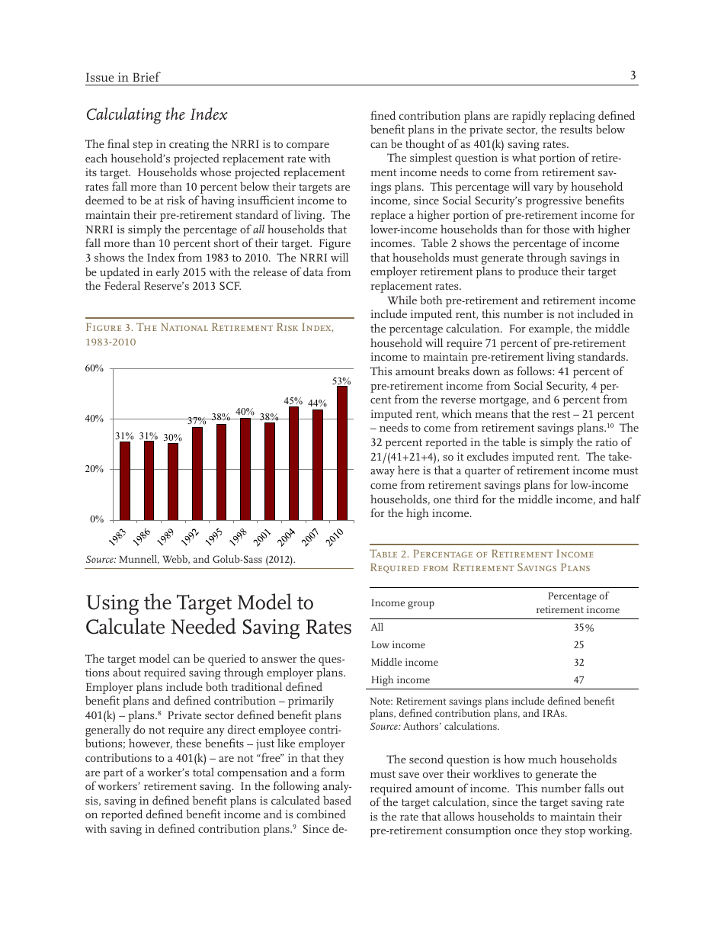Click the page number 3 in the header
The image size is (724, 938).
633,75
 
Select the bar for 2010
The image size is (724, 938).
341,453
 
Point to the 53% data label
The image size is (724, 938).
341,381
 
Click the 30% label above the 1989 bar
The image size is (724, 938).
173,438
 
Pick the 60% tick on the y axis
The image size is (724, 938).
95,368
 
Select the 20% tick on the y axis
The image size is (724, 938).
95,469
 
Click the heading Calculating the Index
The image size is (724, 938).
156,115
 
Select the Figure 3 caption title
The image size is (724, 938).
210,335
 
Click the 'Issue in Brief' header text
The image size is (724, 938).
123,78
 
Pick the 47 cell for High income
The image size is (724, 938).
578,680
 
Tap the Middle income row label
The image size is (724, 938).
405,663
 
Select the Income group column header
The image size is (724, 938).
402,603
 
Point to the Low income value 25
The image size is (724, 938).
578,645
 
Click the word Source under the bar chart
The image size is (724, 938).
101,560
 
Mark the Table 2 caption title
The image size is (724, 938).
482,561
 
